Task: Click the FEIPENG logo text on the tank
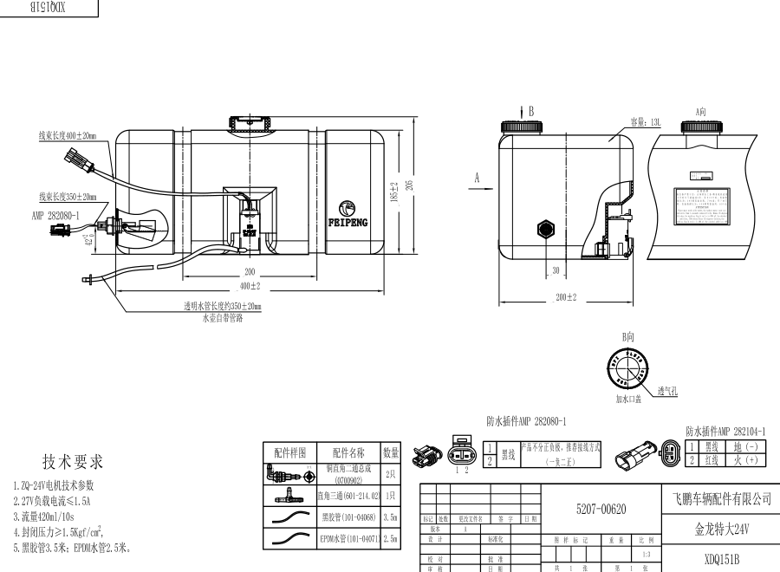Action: (348, 222)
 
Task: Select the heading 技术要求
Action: (73, 461)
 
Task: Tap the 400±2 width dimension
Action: (250, 286)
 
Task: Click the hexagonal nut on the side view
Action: (546, 230)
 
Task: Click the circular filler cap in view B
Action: (627, 369)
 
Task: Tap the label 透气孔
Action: (666, 392)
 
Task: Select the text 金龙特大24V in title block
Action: (721, 527)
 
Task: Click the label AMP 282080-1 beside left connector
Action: (55, 216)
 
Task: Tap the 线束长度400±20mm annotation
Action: (68, 136)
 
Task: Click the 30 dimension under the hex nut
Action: (555, 270)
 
